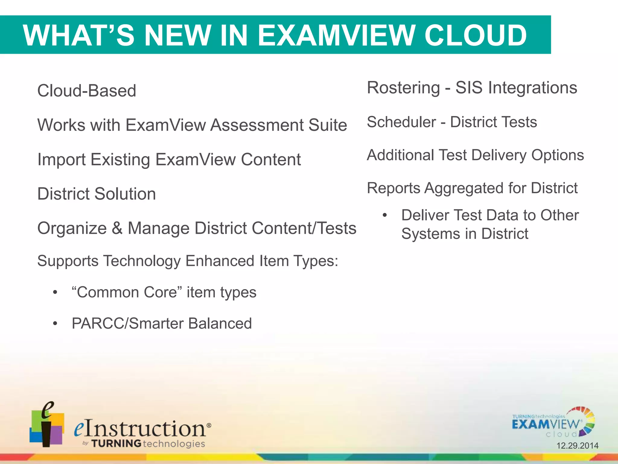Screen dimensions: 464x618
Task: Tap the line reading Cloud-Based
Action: pyautogui.click(x=87, y=91)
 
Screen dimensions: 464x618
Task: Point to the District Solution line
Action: pyautogui.click(x=97, y=194)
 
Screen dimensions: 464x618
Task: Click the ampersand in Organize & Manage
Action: pyautogui.click(x=117, y=228)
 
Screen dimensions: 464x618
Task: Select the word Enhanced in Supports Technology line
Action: pyautogui.click(x=220, y=261)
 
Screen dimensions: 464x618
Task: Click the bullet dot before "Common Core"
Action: pyautogui.click(x=55, y=292)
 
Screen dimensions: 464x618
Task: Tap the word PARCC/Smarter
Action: pyautogui.click(x=127, y=324)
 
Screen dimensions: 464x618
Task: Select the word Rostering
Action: pyautogui.click(x=403, y=88)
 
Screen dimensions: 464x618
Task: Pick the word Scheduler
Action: pyautogui.click(x=401, y=122)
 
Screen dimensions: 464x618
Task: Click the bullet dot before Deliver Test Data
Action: pyautogui.click(x=384, y=215)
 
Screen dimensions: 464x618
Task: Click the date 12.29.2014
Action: pyautogui.click(x=577, y=446)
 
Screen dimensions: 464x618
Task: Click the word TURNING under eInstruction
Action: pyautogui.click(x=116, y=443)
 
